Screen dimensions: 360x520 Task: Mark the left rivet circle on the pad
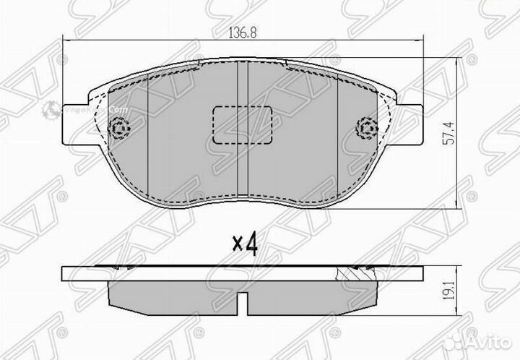tap(118, 129)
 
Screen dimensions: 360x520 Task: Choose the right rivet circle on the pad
tap(368, 129)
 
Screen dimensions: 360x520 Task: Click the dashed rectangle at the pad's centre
tap(242, 124)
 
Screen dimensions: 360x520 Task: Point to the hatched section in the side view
tap(355, 274)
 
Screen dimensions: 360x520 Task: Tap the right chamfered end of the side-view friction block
tap(375, 293)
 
